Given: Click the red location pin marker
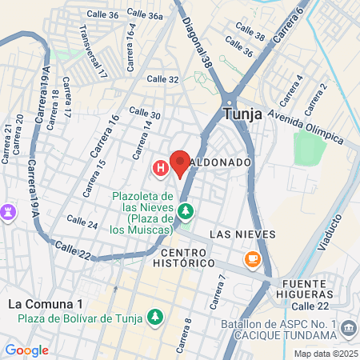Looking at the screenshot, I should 180,163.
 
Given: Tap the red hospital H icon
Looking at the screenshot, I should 160,168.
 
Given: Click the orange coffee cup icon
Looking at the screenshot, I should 253,258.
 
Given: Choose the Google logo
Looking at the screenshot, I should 26,350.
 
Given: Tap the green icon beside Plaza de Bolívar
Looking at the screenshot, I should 154,319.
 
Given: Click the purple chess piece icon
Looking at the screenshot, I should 10,211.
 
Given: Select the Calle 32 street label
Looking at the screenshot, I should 162,78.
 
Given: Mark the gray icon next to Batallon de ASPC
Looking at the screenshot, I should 349,327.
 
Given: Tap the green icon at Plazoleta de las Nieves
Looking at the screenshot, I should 186,211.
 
